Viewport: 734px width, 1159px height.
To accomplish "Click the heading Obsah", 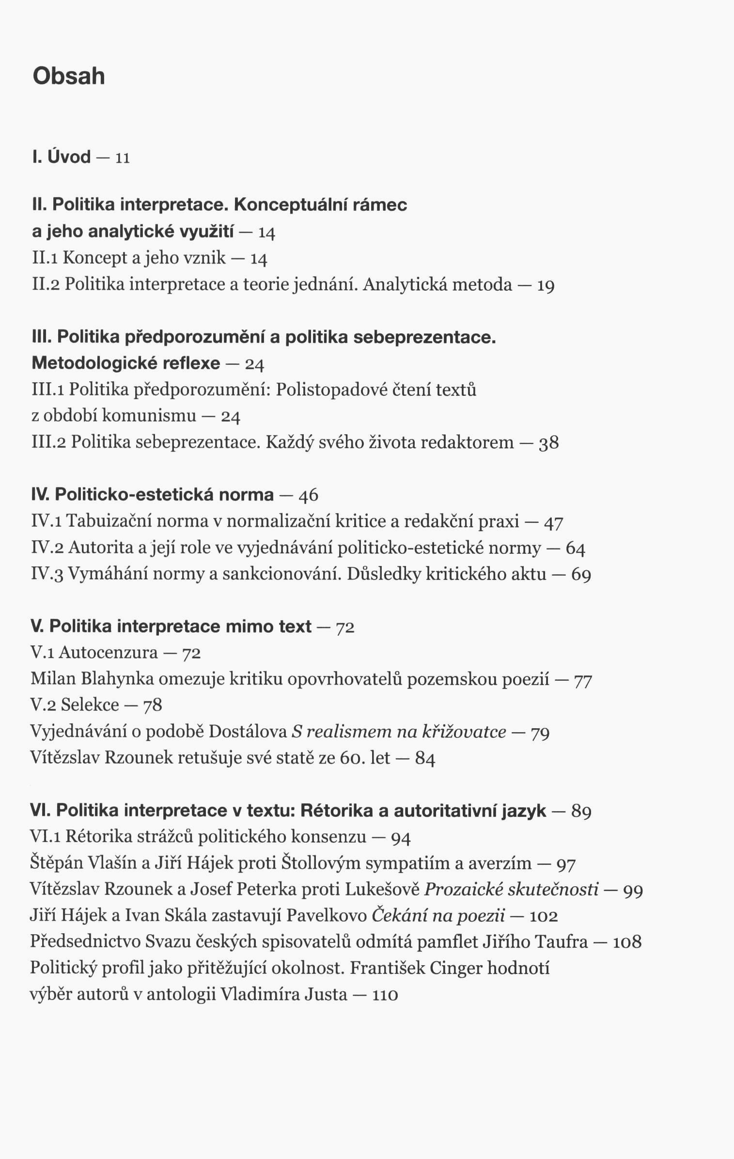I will tap(69, 76).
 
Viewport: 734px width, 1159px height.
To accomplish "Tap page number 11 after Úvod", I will tap(123, 158).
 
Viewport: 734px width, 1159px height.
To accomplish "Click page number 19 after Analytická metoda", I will tap(546, 285).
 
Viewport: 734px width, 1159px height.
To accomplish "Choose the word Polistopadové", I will tap(330, 390).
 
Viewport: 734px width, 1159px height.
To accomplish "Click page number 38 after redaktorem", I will tap(548, 443).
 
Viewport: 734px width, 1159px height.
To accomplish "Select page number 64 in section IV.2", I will tap(575, 548).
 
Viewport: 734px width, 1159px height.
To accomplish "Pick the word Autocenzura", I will tap(108, 653).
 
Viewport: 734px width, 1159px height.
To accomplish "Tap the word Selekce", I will tap(90, 705).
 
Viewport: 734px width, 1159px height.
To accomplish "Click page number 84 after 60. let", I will tap(425, 758).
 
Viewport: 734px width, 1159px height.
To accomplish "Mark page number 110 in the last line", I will tap(385, 994).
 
